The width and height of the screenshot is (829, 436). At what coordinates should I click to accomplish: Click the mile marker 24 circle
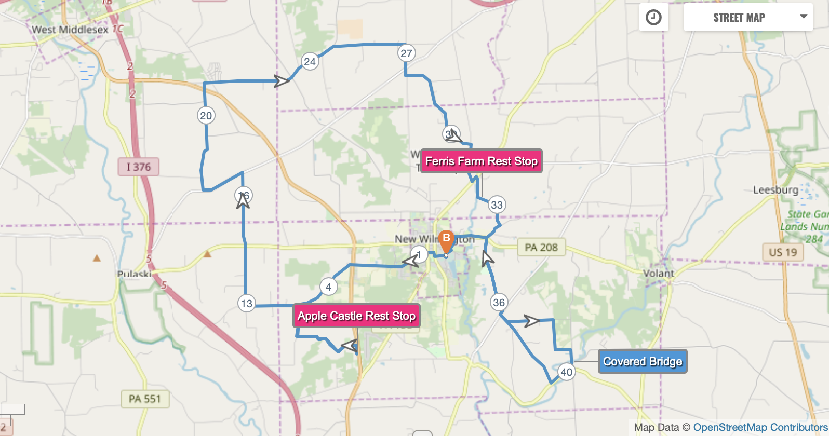point(310,62)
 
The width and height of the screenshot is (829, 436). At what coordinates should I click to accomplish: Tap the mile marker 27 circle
point(407,53)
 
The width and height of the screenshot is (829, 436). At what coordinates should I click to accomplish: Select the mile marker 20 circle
point(206,116)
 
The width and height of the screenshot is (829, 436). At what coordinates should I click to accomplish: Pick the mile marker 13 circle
point(247,303)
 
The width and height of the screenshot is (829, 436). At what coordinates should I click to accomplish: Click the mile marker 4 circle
point(328,287)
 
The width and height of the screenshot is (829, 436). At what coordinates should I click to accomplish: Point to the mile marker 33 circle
point(497,205)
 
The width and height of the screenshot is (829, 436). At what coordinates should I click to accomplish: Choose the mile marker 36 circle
point(499,302)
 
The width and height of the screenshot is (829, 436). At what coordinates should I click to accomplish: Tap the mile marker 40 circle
point(567,372)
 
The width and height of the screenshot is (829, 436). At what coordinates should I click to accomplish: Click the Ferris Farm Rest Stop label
point(482,161)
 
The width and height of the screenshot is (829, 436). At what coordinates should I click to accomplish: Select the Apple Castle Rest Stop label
point(356,316)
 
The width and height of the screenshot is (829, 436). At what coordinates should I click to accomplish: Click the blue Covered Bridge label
point(643,361)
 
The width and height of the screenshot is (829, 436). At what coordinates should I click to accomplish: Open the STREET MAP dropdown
point(748,18)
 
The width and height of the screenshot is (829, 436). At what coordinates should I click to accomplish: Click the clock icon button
point(653,18)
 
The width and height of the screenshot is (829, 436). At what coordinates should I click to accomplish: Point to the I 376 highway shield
point(138,167)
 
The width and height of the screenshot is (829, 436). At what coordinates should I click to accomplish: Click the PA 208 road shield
point(541,248)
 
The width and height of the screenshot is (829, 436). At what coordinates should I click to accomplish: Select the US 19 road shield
point(783,252)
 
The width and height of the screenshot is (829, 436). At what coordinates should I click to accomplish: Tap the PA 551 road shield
point(145,399)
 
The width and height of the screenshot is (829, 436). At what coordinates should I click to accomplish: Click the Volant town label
point(659,274)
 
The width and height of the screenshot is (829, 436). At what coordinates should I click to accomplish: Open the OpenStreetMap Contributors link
point(760,427)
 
